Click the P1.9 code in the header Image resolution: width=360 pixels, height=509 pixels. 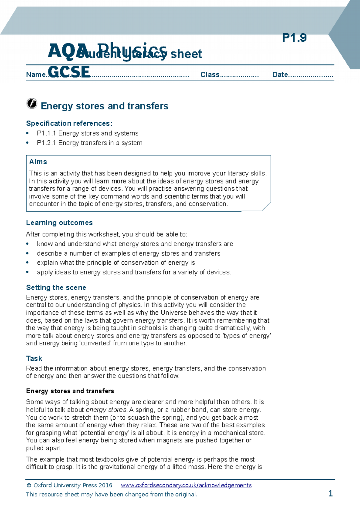click(294, 38)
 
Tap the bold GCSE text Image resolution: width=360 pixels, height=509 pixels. click(69, 72)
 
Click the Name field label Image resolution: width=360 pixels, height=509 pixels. click(35, 75)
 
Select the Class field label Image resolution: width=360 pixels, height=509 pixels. click(210, 75)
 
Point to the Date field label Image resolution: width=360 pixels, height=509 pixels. click(280, 75)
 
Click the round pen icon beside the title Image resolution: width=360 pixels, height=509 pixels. click(32, 103)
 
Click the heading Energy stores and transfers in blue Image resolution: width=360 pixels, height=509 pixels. click(104, 106)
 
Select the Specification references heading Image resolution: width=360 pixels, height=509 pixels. click(69, 124)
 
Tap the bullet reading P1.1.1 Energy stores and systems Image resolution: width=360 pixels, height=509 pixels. click(88, 133)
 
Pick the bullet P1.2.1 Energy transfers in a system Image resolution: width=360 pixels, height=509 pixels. click(89, 143)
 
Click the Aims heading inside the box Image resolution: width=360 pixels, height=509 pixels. click(38, 162)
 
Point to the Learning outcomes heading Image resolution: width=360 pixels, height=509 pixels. click(59, 223)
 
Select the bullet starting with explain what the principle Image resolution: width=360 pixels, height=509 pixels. click(116, 263)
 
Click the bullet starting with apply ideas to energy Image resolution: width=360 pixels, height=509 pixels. click(134, 272)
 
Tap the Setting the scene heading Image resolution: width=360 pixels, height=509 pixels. click(56, 288)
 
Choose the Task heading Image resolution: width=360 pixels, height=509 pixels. click(34, 359)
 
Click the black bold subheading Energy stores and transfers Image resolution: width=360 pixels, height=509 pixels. click(70, 391)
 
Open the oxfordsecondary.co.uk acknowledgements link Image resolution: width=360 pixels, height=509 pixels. click(186, 485)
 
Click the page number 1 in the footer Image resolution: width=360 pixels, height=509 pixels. click(330, 493)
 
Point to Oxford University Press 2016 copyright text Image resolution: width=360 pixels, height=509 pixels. click(69, 485)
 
